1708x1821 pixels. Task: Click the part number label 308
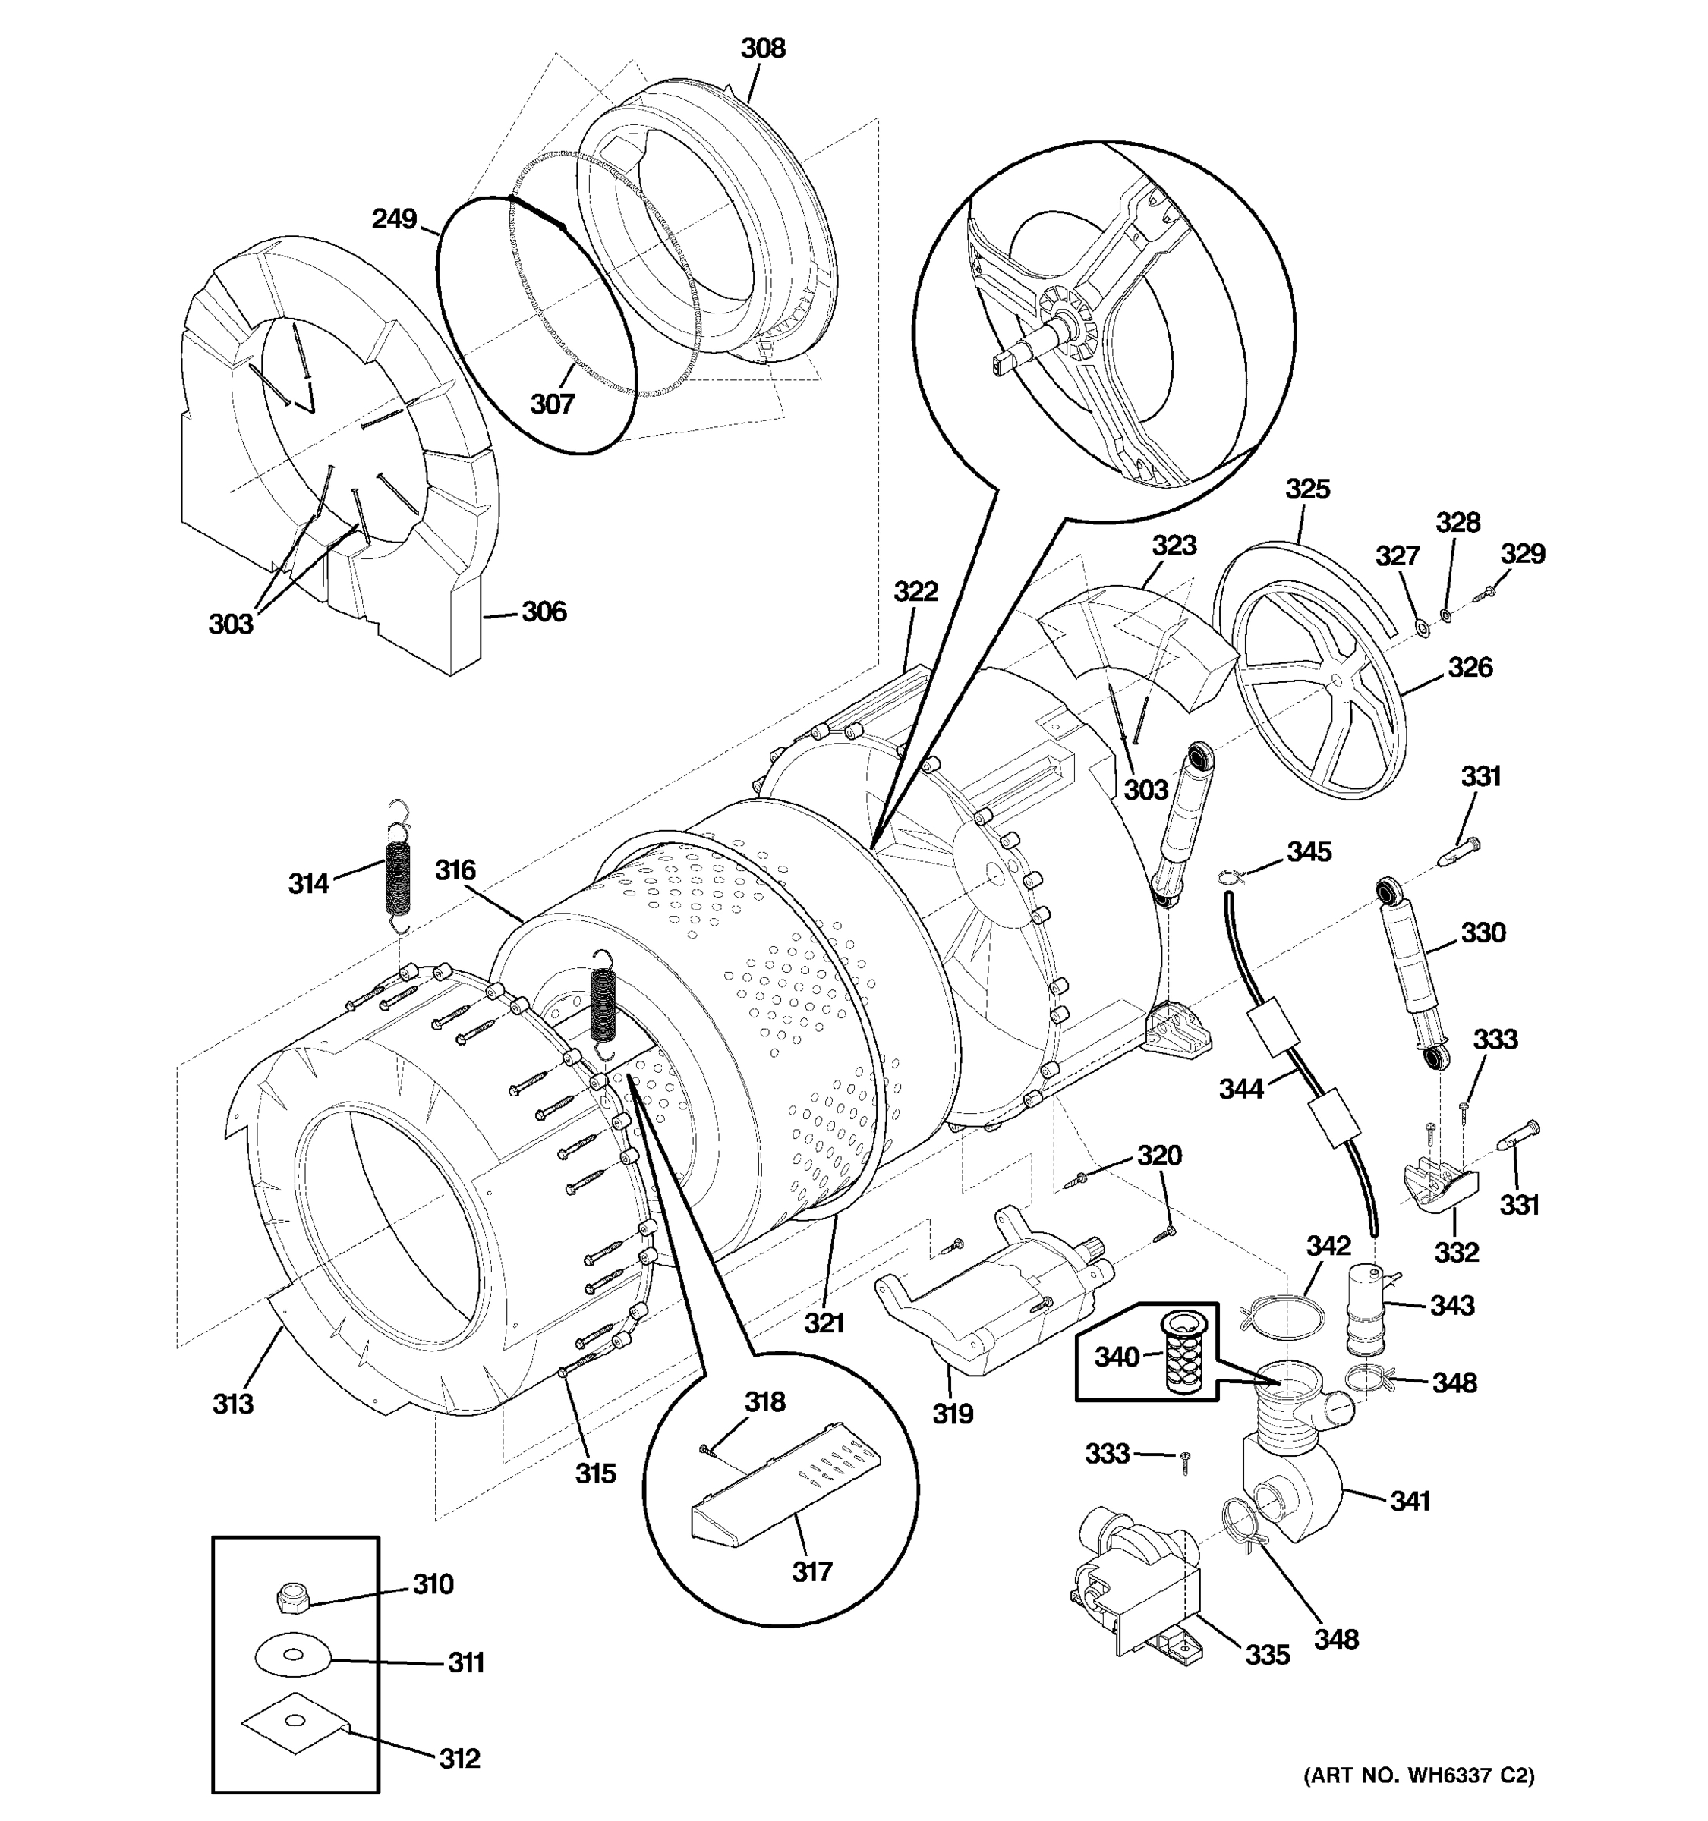coord(762,49)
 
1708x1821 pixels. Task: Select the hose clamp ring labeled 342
coord(1283,1316)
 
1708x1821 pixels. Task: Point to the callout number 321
coord(824,1322)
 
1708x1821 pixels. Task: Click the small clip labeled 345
coord(1231,879)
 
